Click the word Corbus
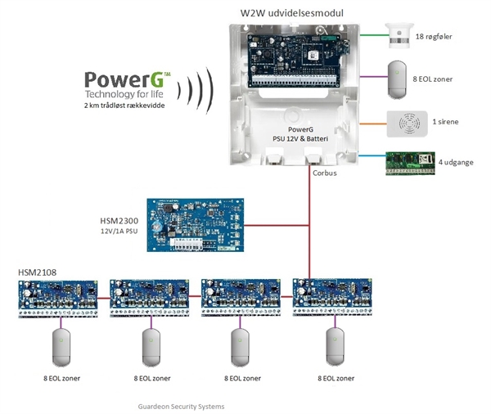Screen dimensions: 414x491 (325, 173)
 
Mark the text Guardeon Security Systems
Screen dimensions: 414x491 (182, 406)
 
